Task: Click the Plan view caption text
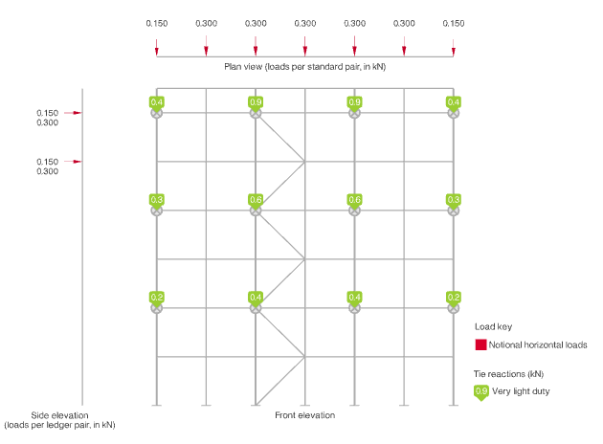pyautogui.click(x=305, y=67)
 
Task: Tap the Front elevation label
pyautogui.click(x=305, y=415)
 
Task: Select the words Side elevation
pyautogui.click(x=59, y=415)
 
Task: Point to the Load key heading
pyautogui.click(x=493, y=326)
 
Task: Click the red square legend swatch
pyautogui.click(x=480, y=344)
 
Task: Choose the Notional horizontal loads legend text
pyautogui.click(x=538, y=344)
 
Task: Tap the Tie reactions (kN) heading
pyautogui.click(x=508, y=374)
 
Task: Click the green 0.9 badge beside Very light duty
pyautogui.click(x=481, y=392)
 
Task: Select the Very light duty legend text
pyautogui.click(x=521, y=391)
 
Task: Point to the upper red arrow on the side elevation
pyautogui.click(x=73, y=113)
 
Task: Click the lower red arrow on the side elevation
pyautogui.click(x=73, y=162)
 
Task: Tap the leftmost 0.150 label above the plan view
pyautogui.click(x=157, y=24)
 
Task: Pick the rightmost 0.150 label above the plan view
pyautogui.click(x=454, y=24)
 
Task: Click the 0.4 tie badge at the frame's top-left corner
pyautogui.click(x=157, y=103)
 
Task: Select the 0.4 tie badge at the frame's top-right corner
pyautogui.click(x=454, y=103)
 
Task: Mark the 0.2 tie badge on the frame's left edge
pyautogui.click(x=157, y=298)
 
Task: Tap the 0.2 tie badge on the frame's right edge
pyautogui.click(x=454, y=298)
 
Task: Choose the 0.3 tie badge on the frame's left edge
pyautogui.click(x=157, y=201)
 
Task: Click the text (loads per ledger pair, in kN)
pyautogui.click(x=59, y=425)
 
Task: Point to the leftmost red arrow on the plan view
pyautogui.click(x=157, y=48)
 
